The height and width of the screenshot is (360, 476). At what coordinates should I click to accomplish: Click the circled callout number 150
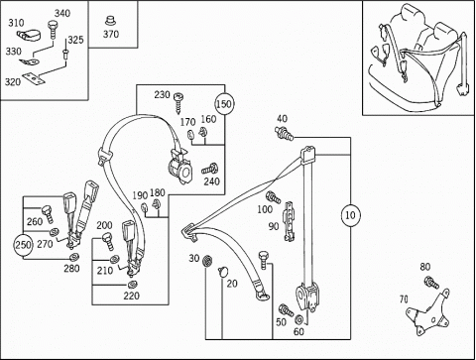[224, 104]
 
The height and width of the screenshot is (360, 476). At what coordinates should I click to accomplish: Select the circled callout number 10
[350, 215]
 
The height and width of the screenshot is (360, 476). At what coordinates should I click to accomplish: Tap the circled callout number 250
[23, 245]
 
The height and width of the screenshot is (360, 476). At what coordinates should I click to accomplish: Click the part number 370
[111, 34]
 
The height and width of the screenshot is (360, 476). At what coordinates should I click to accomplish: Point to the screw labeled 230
[179, 102]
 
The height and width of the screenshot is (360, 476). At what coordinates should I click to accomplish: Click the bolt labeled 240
[209, 169]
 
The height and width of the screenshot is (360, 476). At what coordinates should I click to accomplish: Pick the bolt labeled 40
[285, 132]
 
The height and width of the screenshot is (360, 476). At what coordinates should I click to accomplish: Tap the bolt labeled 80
[431, 283]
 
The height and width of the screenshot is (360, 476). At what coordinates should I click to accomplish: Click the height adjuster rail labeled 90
[289, 221]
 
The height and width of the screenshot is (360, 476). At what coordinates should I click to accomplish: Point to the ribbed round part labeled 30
[207, 261]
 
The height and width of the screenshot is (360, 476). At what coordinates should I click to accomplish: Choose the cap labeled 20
[224, 271]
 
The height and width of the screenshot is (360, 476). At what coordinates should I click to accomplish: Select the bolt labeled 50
[286, 310]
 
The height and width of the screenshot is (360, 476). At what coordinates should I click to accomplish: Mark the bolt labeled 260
[47, 214]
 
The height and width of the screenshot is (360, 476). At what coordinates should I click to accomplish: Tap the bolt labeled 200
[108, 241]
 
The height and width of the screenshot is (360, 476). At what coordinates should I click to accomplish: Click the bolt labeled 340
[53, 30]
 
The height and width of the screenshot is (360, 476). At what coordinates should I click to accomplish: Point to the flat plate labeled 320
[33, 78]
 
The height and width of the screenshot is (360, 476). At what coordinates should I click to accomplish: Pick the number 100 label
[265, 209]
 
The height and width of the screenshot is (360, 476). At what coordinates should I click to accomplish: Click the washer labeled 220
[133, 285]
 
